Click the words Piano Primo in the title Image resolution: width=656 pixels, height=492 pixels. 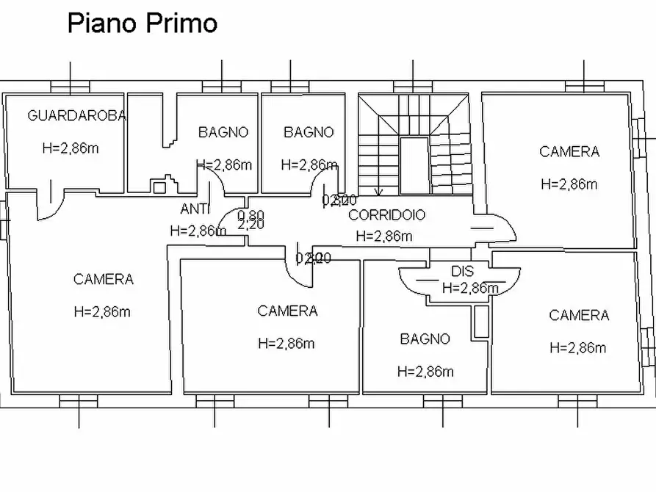pyautogui.click(x=142, y=23)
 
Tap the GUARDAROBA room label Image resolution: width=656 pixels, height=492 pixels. pyautogui.click(x=77, y=115)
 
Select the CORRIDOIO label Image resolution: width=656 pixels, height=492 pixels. pyautogui.click(x=386, y=215)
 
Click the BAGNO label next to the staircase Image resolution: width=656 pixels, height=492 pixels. pyautogui.click(x=309, y=132)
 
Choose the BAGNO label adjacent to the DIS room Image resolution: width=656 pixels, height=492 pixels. pyautogui.click(x=425, y=339)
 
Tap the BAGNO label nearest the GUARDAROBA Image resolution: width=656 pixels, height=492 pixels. pyautogui.click(x=223, y=132)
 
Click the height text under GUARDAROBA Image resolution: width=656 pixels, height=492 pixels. pyautogui.click(x=71, y=148)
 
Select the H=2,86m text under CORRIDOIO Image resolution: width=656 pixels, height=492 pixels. pyautogui.click(x=383, y=236)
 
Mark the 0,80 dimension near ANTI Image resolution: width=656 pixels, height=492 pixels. pyautogui.click(x=250, y=215)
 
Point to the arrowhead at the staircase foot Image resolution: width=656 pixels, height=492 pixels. pyautogui.click(x=378, y=193)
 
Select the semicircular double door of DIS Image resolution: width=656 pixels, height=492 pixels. pyautogui.click(x=459, y=281)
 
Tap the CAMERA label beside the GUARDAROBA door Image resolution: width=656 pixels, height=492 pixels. pyautogui.click(x=104, y=279)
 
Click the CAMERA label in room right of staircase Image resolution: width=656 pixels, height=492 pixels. pyautogui.click(x=569, y=151)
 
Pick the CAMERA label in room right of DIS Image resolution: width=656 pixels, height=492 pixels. pyautogui.click(x=579, y=315)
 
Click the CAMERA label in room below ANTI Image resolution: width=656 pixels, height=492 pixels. pyautogui.click(x=287, y=311)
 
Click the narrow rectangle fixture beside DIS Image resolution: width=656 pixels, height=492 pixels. pyautogui.click(x=480, y=322)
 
